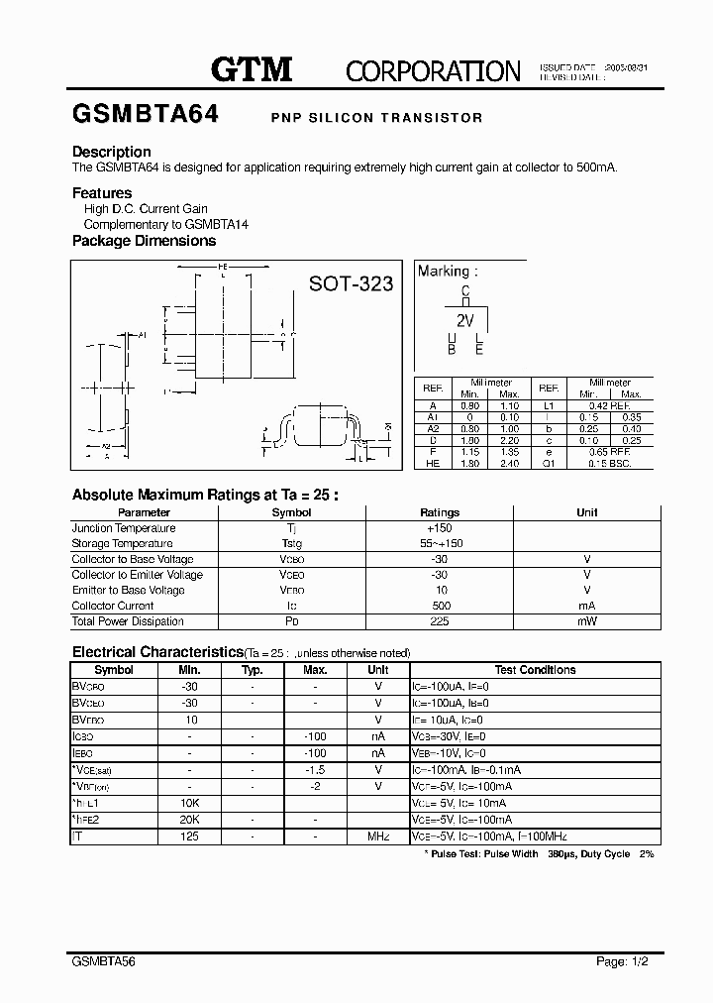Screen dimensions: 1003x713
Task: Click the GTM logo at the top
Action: click(252, 68)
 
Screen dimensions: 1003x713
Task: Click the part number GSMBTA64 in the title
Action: click(146, 114)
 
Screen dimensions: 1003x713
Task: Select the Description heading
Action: click(112, 152)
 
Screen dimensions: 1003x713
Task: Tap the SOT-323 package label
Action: click(351, 284)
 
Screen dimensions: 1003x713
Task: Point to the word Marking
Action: click(442, 271)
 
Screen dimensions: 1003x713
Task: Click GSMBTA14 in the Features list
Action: click(217, 225)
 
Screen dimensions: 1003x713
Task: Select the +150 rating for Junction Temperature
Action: click(440, 528)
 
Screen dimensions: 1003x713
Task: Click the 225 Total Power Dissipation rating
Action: click(440, 621)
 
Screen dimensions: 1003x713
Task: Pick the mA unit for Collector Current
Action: click(587, 606)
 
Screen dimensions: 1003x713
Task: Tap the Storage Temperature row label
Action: click(122, 544)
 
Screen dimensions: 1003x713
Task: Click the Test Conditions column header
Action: click(535, 670)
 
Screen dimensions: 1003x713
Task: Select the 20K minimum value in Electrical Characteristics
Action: click(189, 820)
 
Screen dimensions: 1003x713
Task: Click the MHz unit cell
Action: click(378, 836)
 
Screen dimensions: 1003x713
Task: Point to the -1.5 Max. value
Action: click(315, 769)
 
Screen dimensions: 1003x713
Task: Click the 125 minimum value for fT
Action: click(189, 836)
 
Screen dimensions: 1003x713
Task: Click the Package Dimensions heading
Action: click(144, 241)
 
